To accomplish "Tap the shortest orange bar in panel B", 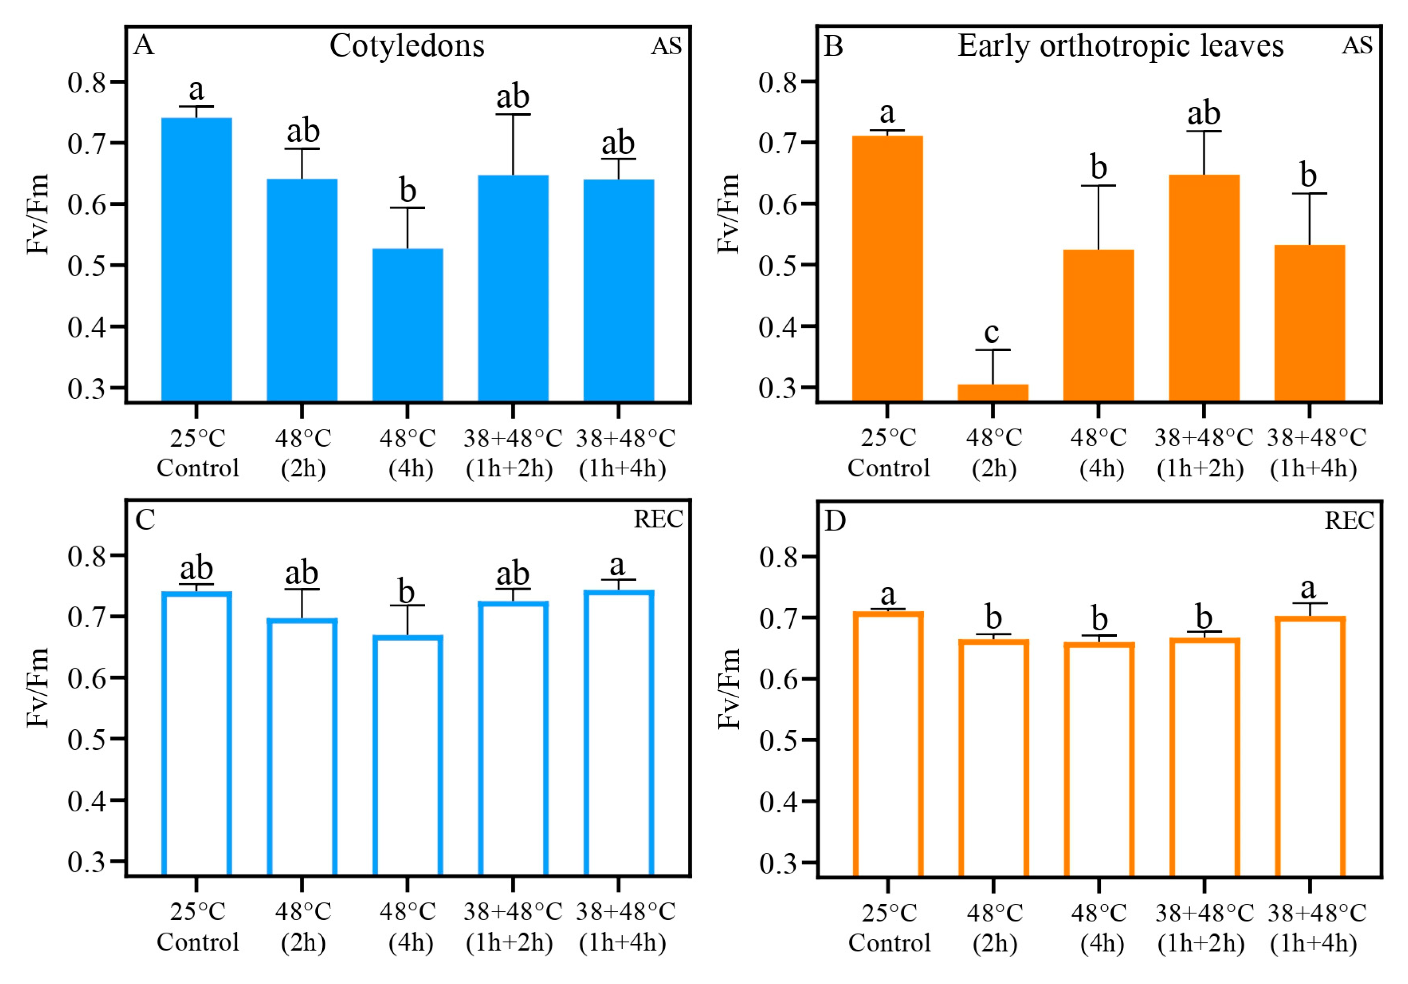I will (x=993, y=392).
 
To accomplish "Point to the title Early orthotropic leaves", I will (x=1120, y=46).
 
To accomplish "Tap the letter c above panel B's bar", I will (x=992, y=333).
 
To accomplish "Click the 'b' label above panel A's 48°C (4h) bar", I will (x=407, y=190).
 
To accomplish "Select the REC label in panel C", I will (x=658, y=519).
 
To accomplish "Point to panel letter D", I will (x=834, y=521).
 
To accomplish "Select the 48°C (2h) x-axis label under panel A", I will (x=303, y=453).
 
